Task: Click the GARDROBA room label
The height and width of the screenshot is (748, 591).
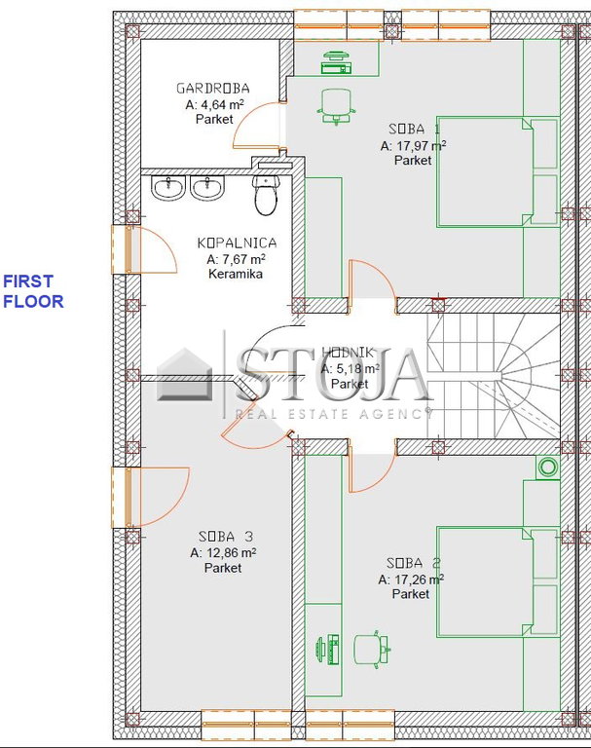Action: (213, 89)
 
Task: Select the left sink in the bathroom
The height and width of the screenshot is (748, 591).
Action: (168, 187)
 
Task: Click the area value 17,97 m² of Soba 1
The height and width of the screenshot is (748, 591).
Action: (413, 146)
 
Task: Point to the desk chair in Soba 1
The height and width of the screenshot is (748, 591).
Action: (337, 107)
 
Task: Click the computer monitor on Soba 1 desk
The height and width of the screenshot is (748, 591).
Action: (337, 63)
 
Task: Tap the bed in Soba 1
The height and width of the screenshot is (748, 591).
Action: (498, 171)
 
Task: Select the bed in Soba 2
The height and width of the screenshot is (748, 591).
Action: (498, 582)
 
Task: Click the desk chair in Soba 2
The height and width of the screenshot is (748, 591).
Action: (372, 649)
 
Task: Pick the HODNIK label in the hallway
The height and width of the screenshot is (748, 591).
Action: (348, 353)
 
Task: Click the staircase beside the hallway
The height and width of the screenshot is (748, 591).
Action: (494, 376)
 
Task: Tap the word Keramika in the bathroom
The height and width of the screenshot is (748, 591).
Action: (236, 274)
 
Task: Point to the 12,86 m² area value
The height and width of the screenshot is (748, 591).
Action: (223, 553)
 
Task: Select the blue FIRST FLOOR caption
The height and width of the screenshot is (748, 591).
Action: (33, 291)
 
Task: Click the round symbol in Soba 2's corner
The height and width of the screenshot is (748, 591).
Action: (548, 467)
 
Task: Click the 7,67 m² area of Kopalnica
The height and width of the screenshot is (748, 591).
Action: (236, 259)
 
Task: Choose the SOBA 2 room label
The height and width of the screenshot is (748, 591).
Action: (414, 563)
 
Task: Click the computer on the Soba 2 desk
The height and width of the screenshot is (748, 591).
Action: (328, 649)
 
